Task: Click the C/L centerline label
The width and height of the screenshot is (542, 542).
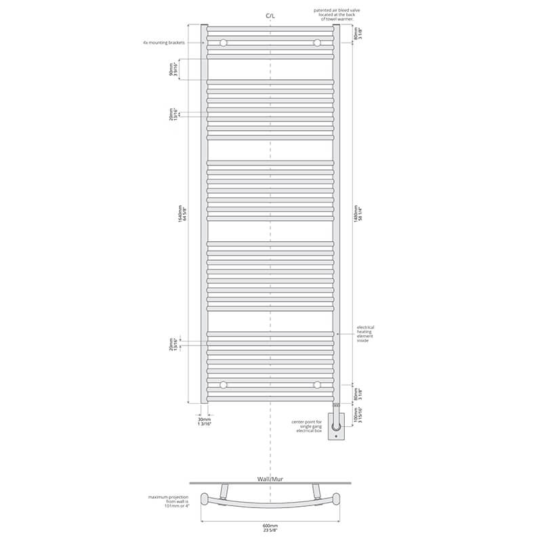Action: coord(271,14)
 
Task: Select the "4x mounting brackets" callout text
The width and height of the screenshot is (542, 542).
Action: coord(164,42)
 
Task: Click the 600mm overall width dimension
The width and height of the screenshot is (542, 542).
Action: coord(271,526)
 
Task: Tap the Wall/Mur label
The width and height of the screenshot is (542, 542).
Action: coord(271,478)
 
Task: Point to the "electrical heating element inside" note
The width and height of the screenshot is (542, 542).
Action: coord(365,333)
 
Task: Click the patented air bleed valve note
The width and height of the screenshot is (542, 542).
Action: coord(335,15)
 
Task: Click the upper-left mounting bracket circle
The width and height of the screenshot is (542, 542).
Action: coord(223,43)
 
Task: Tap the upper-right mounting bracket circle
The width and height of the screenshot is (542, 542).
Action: coord(317,43)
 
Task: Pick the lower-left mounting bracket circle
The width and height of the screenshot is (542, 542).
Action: coord(223,385)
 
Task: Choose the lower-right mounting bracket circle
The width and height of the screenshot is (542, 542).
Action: coord(317,385)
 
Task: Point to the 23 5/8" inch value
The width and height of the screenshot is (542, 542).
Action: coord(271,530)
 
